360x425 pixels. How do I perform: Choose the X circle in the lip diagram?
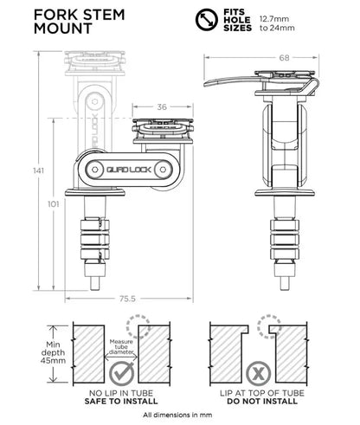coord(255,374)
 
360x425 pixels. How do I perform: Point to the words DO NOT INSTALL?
coord(255,402)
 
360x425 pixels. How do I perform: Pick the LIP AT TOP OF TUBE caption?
coord(255,393)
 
